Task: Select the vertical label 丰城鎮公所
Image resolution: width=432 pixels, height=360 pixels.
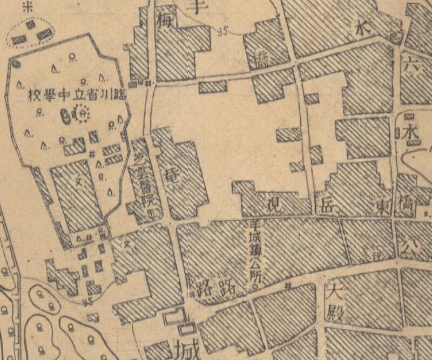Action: click(x=252, y=250)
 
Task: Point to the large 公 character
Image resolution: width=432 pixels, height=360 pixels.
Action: click(x=416, y=246)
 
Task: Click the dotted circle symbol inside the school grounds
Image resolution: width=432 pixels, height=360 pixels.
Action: click(x=82, y=114)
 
